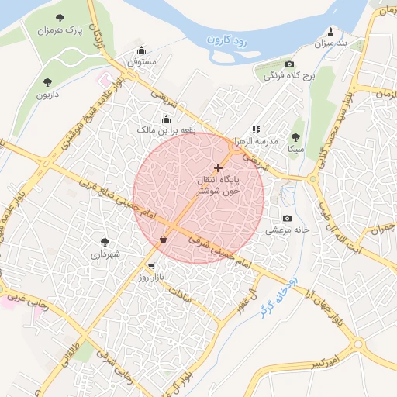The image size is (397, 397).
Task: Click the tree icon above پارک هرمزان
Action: point(60,17)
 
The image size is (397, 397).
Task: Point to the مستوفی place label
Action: point(142,61)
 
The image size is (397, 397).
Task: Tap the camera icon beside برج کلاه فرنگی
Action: point(289,64)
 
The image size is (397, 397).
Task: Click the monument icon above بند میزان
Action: point(331,31)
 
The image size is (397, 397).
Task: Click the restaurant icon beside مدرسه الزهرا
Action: point(256,130)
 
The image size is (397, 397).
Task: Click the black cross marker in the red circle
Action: point(217,167)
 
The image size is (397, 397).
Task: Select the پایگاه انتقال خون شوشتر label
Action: point(217,185)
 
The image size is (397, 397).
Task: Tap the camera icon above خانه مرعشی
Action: point(288,219)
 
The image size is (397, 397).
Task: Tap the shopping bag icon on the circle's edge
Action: point(163,239)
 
